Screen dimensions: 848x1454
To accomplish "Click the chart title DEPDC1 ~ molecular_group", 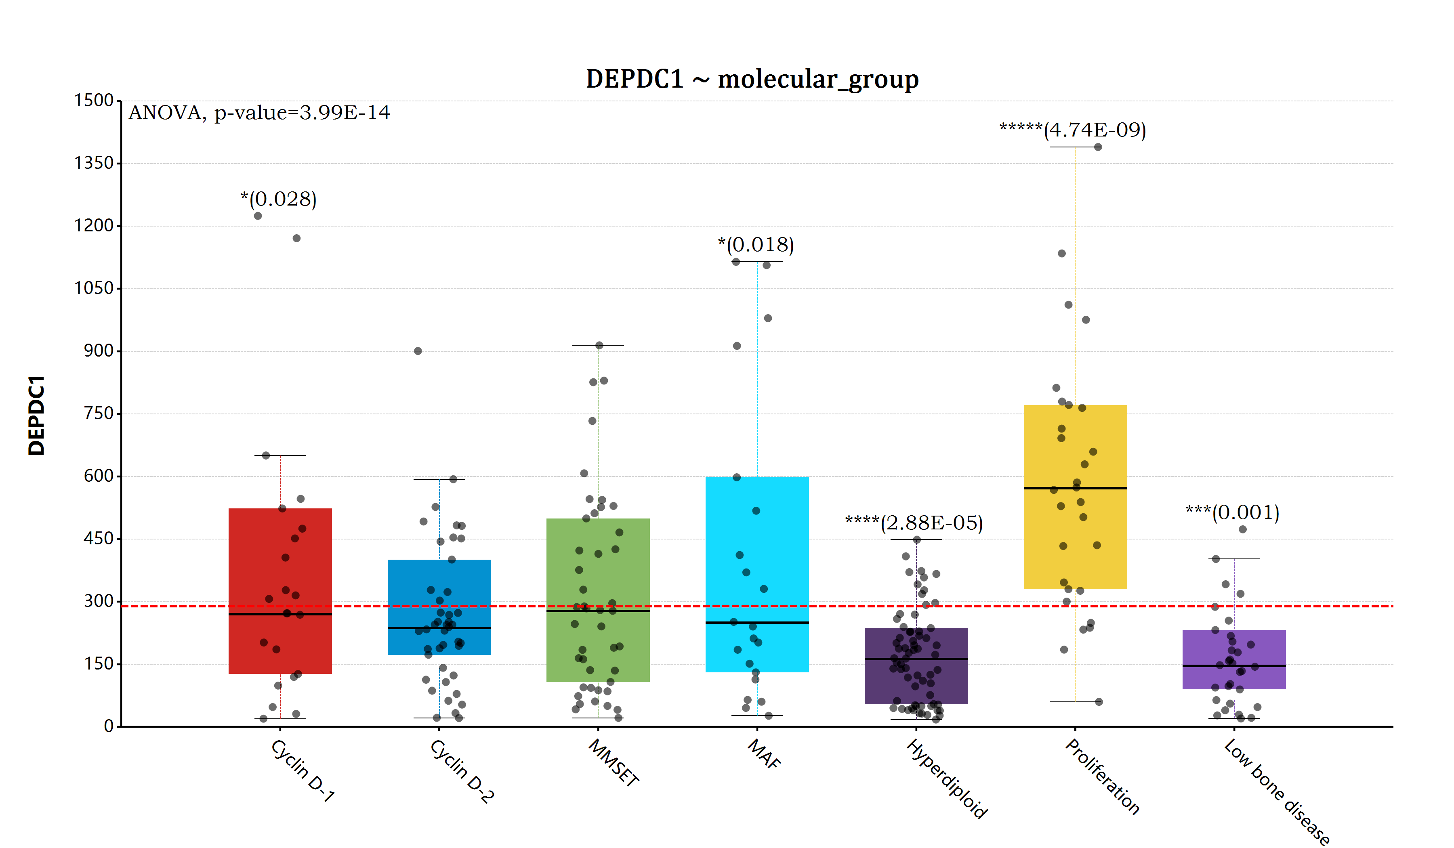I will coord(752,79).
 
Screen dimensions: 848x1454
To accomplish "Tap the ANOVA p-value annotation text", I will coord(259,113).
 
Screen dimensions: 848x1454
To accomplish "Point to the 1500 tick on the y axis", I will coord(94,101).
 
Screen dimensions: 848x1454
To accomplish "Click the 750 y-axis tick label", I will coord(99,413).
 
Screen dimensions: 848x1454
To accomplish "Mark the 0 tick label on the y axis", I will coord(109,726).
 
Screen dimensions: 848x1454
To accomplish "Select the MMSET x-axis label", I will coord(614,763).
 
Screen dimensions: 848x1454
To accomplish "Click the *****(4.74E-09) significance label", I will coord(1073,130).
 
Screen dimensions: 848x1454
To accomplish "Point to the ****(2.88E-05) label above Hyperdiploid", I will coord(914,523).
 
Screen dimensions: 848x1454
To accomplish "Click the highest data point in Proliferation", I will coord(1098,147).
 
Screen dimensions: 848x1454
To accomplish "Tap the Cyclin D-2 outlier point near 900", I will coord(418,351).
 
